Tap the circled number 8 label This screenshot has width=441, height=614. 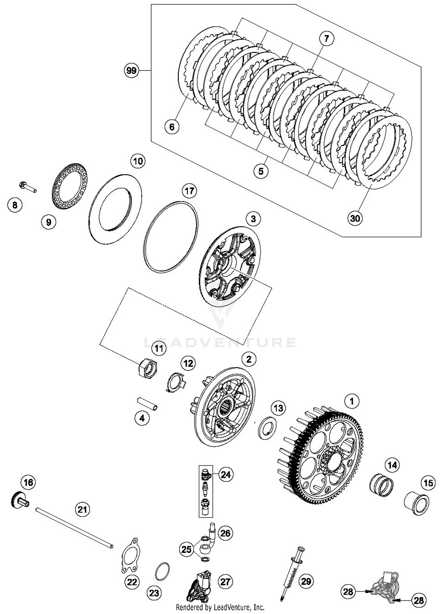pyautogui.click(x=15, y=205)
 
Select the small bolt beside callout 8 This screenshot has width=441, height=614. pyautogui.click(x=27, y=187)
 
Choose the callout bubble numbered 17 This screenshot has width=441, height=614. pyautogui.click(x=189, y=191)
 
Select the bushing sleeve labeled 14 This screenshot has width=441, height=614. pyautogui.click(x=381, y=485)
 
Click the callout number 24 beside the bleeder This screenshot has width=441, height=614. pyautogui.click(x=225, y=475)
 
